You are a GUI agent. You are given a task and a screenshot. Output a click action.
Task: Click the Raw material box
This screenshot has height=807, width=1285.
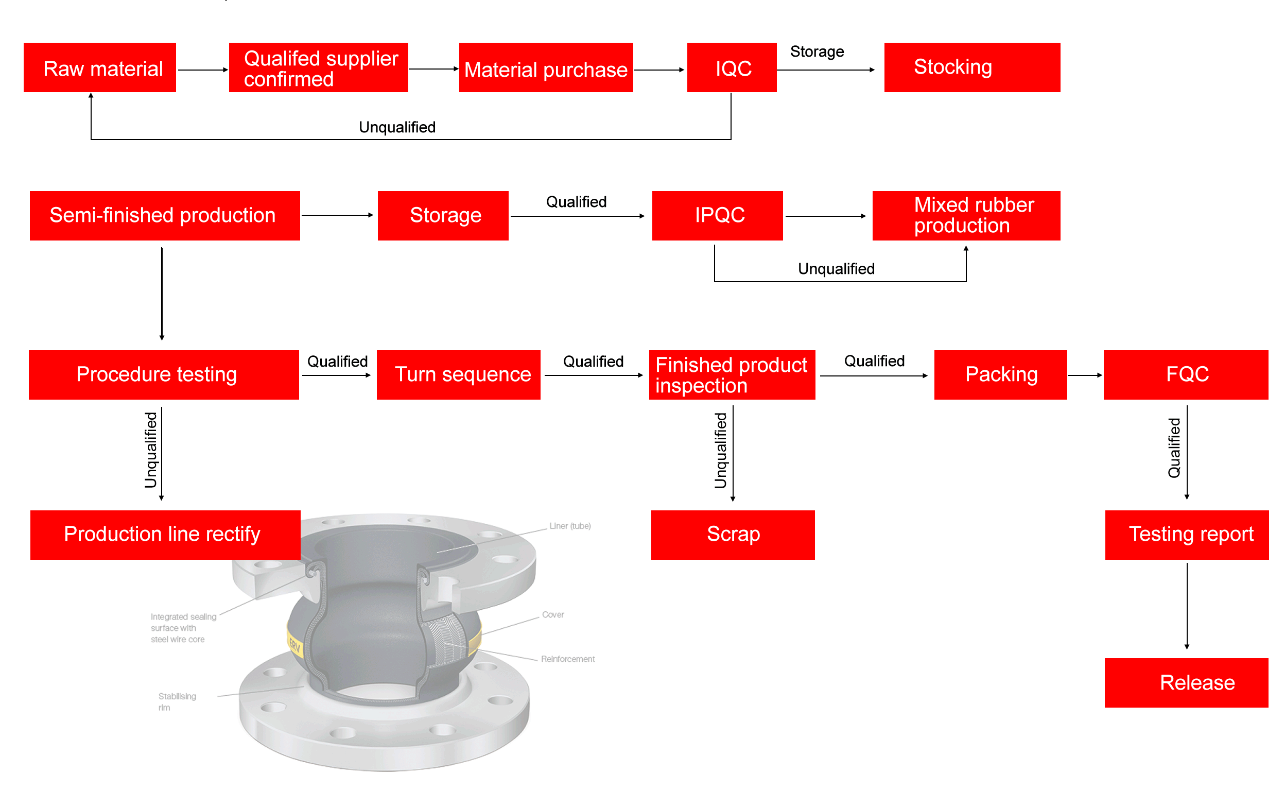(x=100, y=68)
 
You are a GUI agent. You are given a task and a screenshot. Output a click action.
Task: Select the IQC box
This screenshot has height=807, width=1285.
(x=732, y=68)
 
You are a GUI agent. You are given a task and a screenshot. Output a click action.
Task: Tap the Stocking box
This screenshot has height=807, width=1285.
(x=971, y=68)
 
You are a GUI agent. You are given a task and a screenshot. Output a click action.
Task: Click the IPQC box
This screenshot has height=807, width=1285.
(x=717, y=216)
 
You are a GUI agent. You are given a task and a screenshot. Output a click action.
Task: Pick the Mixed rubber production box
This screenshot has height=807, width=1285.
(x=965, y=216)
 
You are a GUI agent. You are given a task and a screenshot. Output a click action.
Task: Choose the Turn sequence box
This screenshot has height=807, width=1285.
(x=458, y=375)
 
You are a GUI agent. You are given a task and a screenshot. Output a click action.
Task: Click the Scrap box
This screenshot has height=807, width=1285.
(x=733, y=535)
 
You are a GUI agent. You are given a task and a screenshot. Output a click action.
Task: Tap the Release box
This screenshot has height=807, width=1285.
(x=1186, y=683)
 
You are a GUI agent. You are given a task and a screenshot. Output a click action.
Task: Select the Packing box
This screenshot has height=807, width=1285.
(x=1000, y=375)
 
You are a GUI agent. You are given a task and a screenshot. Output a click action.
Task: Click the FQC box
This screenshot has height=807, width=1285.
(x=1185, y=375)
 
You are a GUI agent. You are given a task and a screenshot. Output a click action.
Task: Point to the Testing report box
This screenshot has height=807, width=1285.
(x=1186, y=535)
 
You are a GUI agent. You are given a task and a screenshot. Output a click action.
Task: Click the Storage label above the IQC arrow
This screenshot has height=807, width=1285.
(x=817, y=52)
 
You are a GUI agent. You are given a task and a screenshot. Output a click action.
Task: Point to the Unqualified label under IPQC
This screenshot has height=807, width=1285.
(x=836, y=269)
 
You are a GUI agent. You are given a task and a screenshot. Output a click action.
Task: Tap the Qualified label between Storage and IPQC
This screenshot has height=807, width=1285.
(x=576, y=202)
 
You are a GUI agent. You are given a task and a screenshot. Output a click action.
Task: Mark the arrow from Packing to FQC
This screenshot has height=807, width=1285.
(x=1084, y=375)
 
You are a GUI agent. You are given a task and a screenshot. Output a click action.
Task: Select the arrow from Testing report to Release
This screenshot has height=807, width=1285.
(x=1186, y=606)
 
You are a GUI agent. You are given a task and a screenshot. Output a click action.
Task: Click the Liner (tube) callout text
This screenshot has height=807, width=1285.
(x=570, y=526)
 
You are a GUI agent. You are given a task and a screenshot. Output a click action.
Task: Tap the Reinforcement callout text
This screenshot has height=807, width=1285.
(x=567, y=659)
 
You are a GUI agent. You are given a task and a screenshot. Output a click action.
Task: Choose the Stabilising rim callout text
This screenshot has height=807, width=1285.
(x=177, y=702)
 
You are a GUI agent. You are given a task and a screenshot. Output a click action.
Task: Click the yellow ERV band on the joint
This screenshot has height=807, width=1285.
(x=294, y=646)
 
